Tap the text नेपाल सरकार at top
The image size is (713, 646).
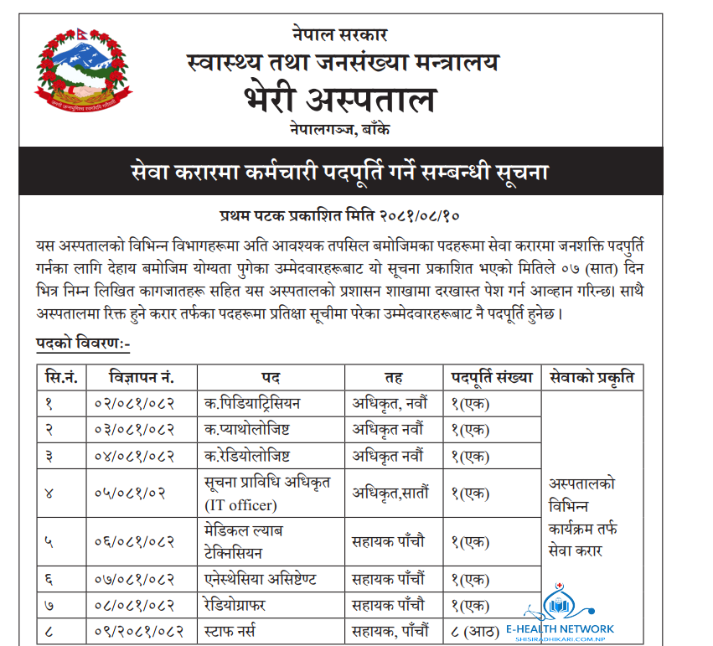[339, 35]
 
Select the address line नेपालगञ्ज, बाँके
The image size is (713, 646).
[339, 131]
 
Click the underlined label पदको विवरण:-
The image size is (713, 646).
[83, 344]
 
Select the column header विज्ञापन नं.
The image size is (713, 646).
[141, 377]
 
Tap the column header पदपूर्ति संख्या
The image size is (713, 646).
[492, 377]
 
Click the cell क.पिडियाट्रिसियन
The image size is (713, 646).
[252, 403]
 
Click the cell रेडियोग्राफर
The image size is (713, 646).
[239, 603]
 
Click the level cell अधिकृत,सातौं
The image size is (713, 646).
[390, 493]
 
